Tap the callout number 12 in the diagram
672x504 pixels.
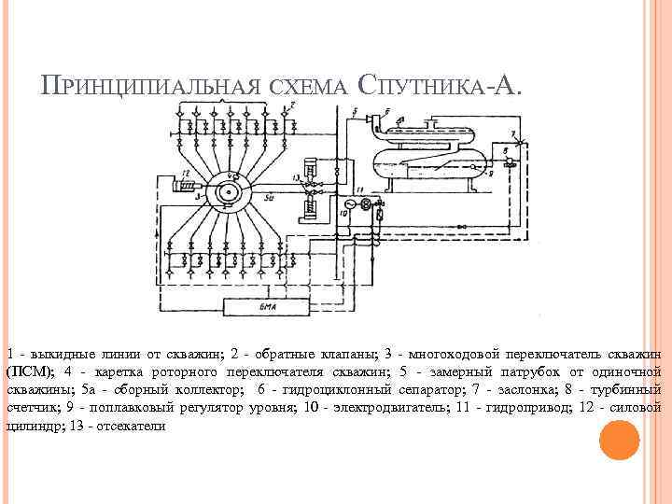[x=186, y=175]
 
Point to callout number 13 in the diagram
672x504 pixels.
[x=298, y=176]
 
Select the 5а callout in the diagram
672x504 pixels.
[x=267, y=198]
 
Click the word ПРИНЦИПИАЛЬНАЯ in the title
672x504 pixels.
[x=150, y=88]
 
